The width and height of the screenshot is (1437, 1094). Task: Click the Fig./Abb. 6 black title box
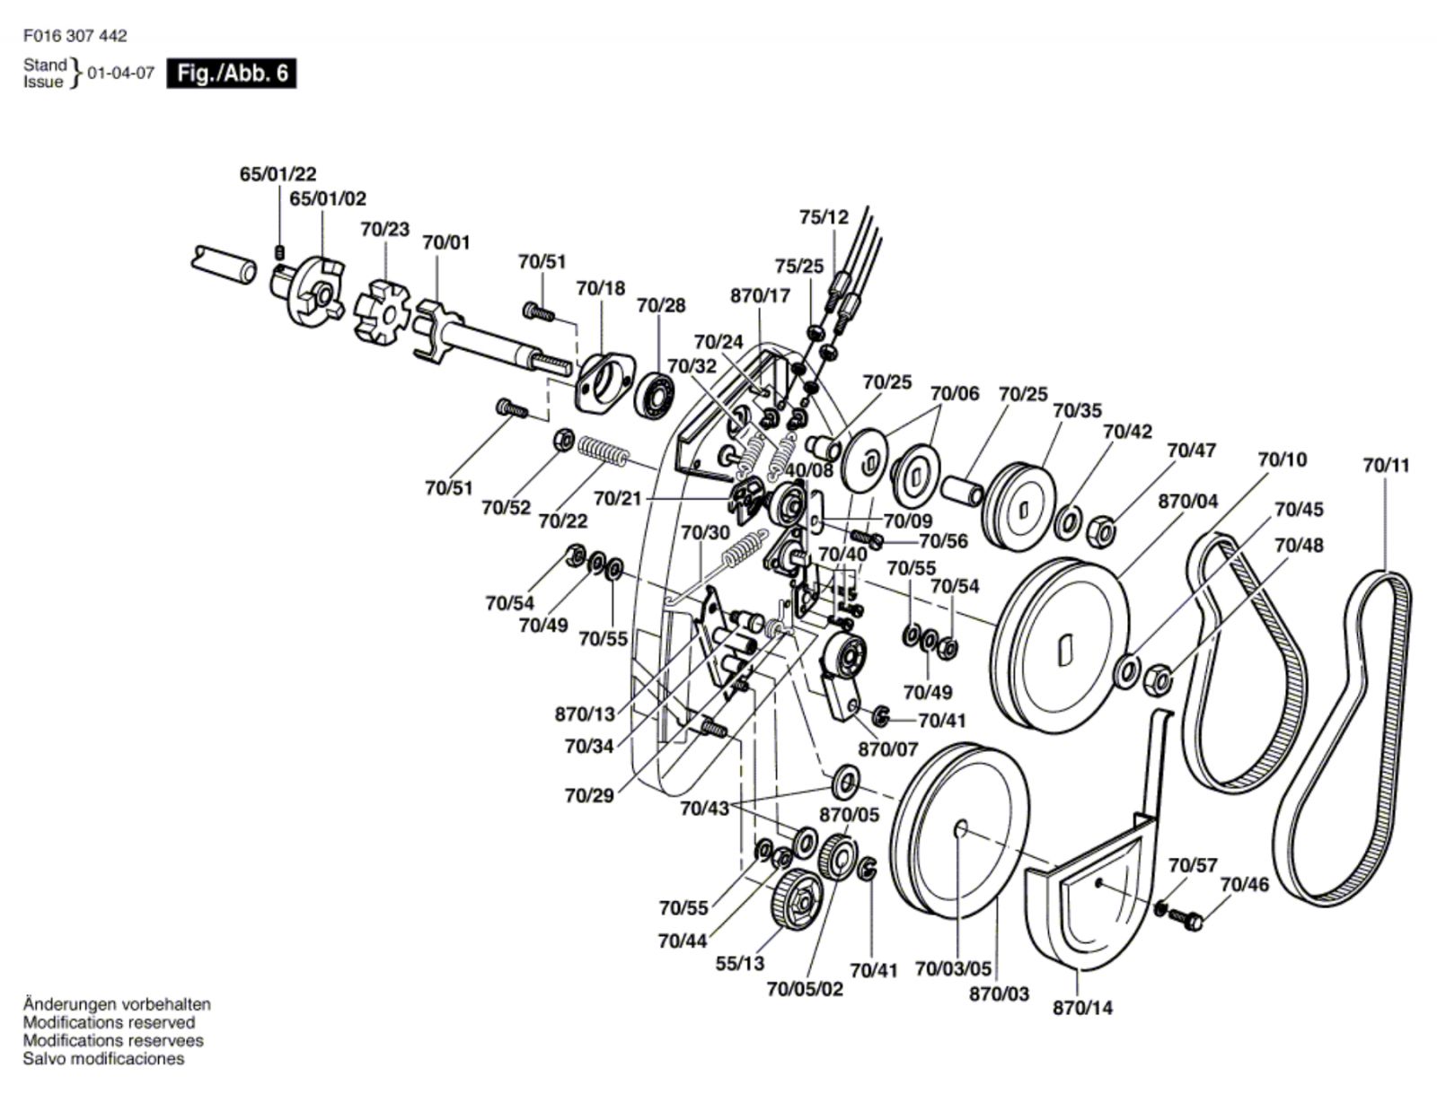coord(232,73)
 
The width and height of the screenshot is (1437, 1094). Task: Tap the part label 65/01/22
coord(278,174)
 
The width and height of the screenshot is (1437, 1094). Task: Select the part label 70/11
coord(1386,465)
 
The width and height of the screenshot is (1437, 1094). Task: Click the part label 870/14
coord(1082,1008)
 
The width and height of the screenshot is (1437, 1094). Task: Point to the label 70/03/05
coord(953,969)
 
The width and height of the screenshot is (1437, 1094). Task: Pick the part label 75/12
coord(824,217)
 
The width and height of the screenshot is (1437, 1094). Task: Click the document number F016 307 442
coord(75,36)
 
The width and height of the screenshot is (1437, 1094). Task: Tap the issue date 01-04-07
coord(120,74)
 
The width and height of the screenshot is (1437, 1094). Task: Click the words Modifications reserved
coord(109,1022)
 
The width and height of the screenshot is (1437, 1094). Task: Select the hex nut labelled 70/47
coord(1102,532)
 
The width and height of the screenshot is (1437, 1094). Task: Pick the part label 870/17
coord(760,295)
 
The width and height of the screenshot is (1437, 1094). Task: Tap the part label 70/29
coord(589,796)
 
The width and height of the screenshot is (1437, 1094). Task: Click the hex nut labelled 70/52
coord(562,440)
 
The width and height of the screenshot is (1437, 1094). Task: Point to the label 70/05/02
coord(805,989)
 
